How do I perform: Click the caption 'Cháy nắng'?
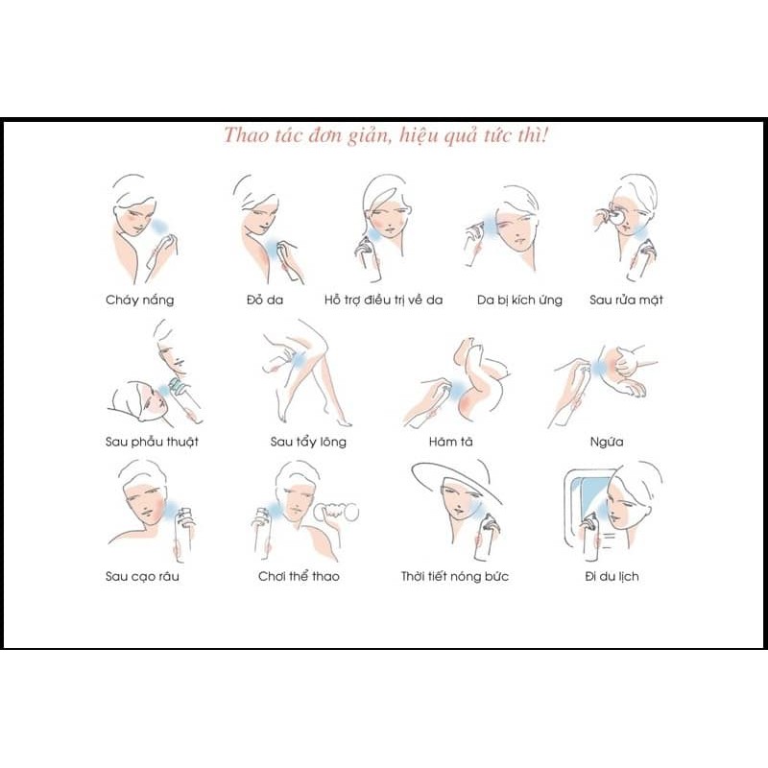pos(140,300)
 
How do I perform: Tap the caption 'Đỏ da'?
pos(265,300)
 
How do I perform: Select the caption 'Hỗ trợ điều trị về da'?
pos(383,300)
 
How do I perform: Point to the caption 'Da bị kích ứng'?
pos(519,300)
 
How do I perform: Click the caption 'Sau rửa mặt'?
pos(627,300)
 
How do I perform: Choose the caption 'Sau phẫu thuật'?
pos(152,442)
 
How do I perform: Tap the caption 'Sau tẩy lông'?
pos(308,442)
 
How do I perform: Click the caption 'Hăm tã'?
pos(450,442)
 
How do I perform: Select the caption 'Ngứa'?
pos(607,443)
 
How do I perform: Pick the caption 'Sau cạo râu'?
pos(142,576)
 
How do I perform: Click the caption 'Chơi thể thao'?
pos(299,576)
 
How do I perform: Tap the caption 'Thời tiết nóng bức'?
pos(455,576)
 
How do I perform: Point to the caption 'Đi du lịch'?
pos(612,576)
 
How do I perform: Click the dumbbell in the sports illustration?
pos(337,513)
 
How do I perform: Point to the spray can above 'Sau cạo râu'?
pos(183,535)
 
